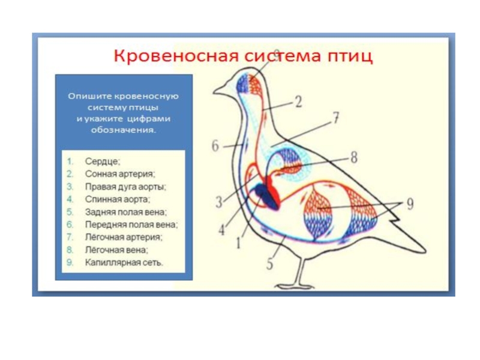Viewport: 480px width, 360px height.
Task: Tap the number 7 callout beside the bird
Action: [337, 118]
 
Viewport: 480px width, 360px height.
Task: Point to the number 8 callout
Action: [353, 157]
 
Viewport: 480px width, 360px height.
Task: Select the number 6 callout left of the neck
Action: [215, 146]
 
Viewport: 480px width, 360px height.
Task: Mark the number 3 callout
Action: [219, 200]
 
